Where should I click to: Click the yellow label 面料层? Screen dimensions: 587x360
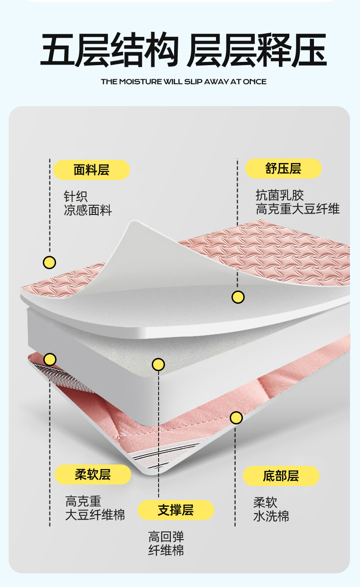pos(92,170)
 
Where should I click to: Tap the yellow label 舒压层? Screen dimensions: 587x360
pos(283,168)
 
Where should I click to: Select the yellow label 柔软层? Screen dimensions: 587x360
pos(93,475)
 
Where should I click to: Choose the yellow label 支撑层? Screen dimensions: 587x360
pos(175,510)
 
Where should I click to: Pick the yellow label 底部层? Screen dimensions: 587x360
pos(281,476)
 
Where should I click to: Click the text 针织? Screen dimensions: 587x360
pos(76,197)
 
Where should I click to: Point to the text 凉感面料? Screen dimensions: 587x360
pos(87,210)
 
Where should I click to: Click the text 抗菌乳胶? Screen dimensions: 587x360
pos(279,195)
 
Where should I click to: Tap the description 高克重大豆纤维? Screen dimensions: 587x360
pos(298,209)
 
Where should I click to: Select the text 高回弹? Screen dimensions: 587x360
pos(166,536)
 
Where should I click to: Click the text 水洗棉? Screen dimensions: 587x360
pos(271,516)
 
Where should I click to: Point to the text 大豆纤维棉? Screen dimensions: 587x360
pos(95,515)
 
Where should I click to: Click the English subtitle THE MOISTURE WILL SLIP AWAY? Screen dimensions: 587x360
pos(184,82)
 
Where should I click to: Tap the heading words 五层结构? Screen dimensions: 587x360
pos(109,50)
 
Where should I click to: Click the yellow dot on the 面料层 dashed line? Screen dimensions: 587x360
pos(49,262)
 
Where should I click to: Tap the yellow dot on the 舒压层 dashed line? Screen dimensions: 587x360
pos(238,297)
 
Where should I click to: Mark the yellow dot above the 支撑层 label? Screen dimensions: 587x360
pos(158,364)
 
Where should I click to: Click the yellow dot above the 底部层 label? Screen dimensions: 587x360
pos(236,418)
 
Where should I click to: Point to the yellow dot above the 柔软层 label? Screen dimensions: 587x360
pos(50,359)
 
